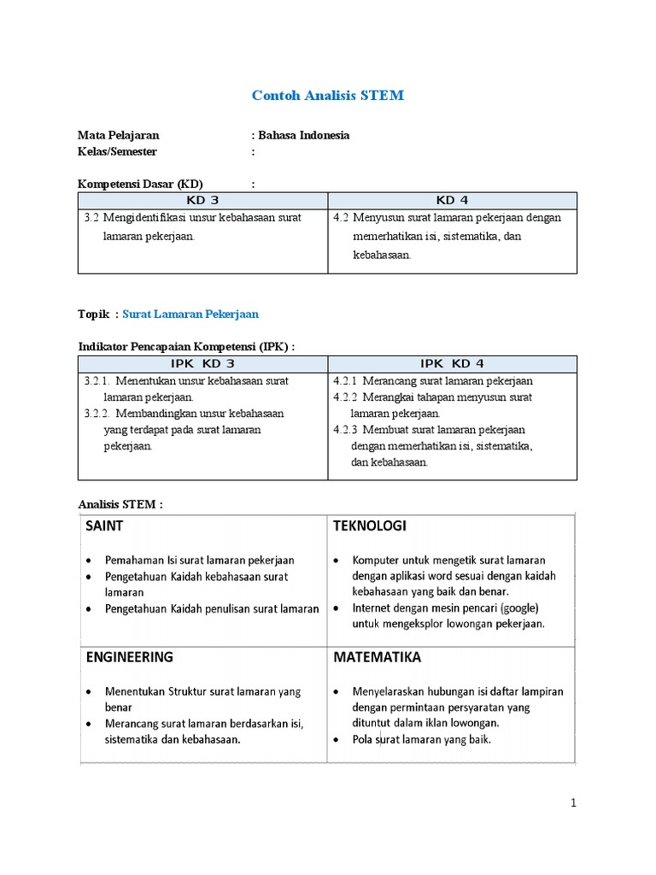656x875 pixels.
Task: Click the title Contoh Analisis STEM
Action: [328, 96]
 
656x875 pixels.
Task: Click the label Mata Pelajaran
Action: [118, 135]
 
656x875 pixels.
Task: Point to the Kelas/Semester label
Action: [117, 151]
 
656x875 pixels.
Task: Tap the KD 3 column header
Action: [202, 200]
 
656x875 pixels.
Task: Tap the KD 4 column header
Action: [452, 200]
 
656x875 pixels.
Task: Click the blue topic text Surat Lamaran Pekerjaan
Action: [190, 314]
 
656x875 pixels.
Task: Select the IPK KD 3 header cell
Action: [202, 363]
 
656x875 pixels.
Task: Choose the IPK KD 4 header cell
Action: [452, 363]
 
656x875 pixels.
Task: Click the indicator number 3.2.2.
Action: [98, 413]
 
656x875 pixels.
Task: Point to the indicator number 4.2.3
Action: [345, 429]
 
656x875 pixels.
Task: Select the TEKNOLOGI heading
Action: [370, 526]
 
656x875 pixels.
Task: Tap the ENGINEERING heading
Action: [129, 657]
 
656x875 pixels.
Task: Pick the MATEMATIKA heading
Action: [377, 657]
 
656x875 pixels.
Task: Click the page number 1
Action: [574, 802]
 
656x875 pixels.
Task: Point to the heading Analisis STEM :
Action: [120, 504]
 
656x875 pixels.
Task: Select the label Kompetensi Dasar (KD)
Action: [141, 184]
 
